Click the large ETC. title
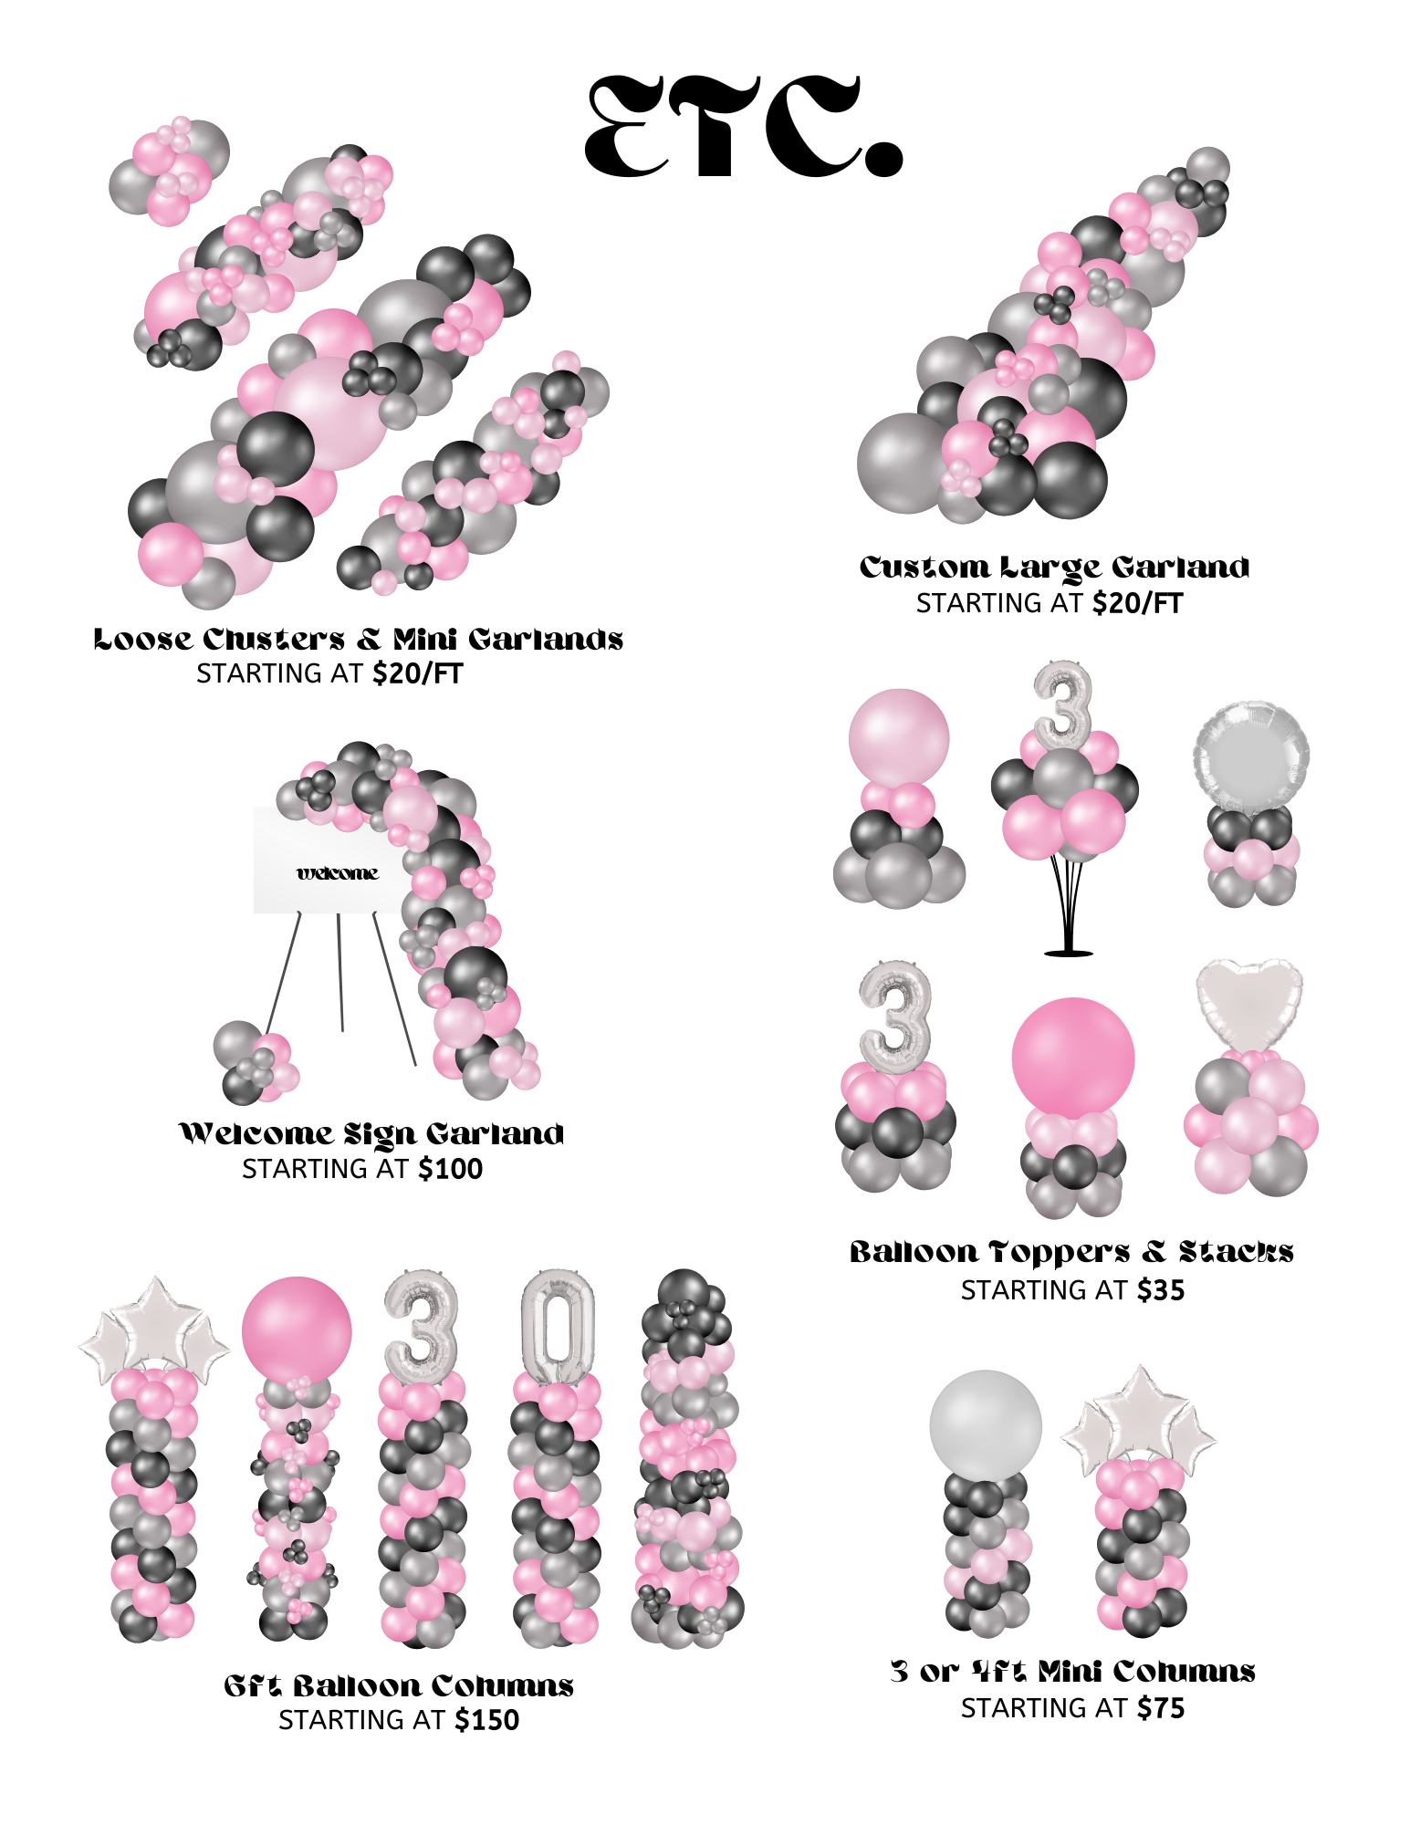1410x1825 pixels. pos(743,127)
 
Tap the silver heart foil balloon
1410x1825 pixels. pos(1248,1002)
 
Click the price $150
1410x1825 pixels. pos(486,1720)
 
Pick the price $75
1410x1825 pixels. pos(1160,1708)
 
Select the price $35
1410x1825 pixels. pos(1160,1290)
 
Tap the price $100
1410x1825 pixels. pos(450,1169)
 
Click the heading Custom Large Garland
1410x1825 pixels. pos(1054,568)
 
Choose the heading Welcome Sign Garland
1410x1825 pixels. pos(371,1134)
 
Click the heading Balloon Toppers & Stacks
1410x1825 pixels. pos(1071,1252)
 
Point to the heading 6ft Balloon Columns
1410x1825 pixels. pos(399,1685)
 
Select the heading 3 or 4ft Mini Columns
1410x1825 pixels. pos(1072,1672)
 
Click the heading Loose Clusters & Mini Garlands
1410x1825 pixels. pos(358,639)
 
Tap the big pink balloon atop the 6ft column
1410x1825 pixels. pos(297,1330)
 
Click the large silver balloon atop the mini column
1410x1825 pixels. pos(986,1424)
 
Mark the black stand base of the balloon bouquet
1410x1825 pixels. pos(1068,953)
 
